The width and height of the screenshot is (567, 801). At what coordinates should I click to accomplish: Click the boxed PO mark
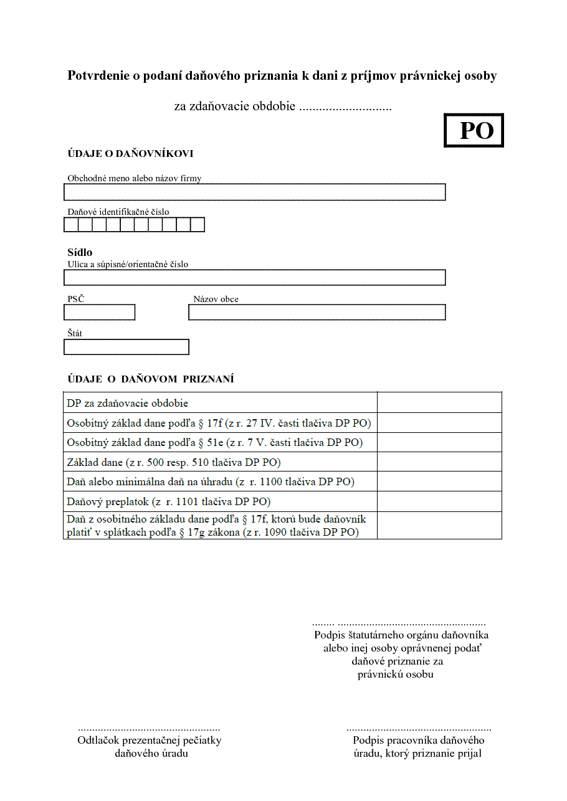pos(474,130)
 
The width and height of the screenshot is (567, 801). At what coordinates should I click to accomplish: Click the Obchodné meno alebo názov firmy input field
pos(255,192)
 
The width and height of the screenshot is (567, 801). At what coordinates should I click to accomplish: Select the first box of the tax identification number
pos(71,225)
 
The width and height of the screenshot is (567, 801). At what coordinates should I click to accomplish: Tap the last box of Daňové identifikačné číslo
pos(198,225)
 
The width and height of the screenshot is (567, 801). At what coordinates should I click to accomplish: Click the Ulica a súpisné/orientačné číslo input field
pos(255,278)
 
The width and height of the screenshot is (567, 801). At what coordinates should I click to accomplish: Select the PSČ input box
pos(100,312)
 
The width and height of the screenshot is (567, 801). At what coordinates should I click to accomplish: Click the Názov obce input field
pos(317,312)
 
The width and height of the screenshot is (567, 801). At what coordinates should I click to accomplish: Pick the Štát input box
pos(126,347)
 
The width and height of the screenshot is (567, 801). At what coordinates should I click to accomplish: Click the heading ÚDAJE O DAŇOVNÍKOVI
pos(130,154)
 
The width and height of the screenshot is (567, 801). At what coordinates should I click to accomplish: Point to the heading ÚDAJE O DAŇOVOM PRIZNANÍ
pos(151,379)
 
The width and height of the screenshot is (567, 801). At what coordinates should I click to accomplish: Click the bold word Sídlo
pos(80,252)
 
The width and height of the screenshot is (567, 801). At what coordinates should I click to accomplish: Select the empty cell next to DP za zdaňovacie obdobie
pos(439,402)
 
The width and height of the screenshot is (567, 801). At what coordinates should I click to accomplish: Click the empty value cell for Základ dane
pos(439,462)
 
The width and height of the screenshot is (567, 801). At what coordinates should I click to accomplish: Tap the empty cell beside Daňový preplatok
pos(439,501)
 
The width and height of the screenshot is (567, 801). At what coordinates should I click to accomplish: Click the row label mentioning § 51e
pos(215,443)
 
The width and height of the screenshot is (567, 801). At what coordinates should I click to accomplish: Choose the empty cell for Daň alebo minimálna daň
pos(439,481)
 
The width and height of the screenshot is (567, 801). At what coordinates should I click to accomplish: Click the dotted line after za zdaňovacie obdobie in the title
pos(345,107)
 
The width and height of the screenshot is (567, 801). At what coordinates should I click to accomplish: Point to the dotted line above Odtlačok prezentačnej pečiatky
pos(149,728)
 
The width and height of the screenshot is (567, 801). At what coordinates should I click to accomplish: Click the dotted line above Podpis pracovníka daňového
pos(419,728)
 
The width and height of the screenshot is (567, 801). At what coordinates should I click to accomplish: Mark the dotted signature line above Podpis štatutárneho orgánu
pos(399,623)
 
